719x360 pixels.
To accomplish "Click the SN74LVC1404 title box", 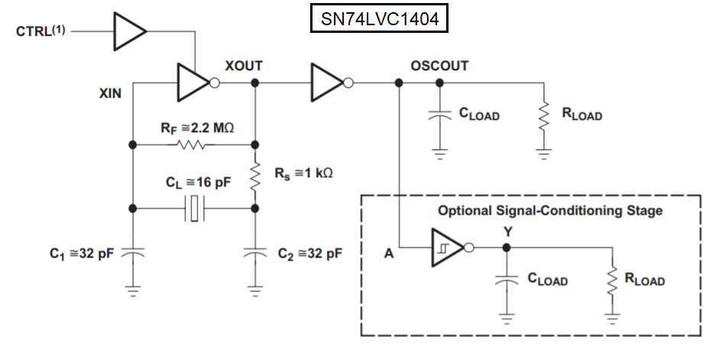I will (378, 20).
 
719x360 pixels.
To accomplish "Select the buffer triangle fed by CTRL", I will (128, 31).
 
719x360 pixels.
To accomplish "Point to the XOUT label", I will (244, 66).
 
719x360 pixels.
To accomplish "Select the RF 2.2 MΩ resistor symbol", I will (191, 144).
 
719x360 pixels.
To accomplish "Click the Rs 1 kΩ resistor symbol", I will (254, 174).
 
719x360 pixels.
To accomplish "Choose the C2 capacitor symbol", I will (254, 253).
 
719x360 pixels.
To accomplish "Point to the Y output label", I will (507, 231).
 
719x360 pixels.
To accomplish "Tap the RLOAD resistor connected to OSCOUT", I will (544, 116).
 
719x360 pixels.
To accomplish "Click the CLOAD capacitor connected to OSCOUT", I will (439, 116).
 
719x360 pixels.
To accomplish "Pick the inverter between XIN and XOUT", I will (195, 82).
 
